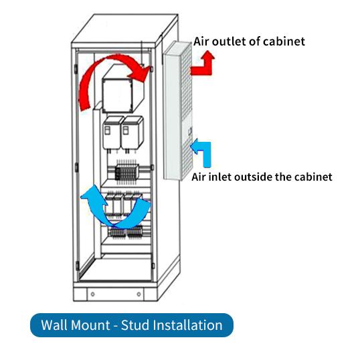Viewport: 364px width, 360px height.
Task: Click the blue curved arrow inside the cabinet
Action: pos(114,218)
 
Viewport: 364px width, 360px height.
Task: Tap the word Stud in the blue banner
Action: pos(135,325)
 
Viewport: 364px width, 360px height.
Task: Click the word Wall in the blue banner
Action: pos(54,325)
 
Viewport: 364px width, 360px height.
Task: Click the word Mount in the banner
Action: pos(90,325)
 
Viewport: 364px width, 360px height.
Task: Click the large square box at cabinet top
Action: pos(123,90)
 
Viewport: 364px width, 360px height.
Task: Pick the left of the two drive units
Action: pos(112,132)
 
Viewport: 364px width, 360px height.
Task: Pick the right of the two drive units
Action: pos(132,132)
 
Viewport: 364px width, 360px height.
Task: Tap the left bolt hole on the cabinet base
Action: pos(92,294)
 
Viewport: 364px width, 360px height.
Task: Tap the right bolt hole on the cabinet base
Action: pos(139,294)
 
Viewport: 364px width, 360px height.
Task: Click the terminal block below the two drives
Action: pos(127,172)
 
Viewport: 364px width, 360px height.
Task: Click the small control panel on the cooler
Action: pos(190,131)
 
